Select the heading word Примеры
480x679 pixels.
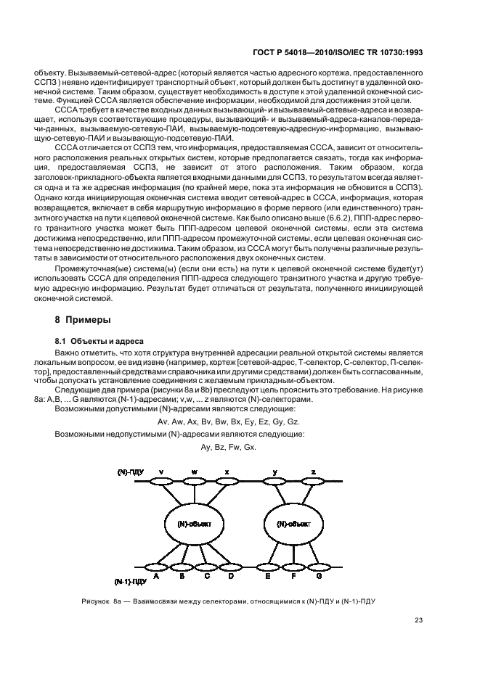[x=89, y=319]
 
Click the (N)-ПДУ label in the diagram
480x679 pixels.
[x=131, y=472]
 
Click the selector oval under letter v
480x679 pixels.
[x=161, y=480]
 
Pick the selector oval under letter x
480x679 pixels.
[x=227, y=480]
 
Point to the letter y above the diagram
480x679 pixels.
[x=275, y=472]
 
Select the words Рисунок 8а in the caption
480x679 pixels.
[x=107, y=599]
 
